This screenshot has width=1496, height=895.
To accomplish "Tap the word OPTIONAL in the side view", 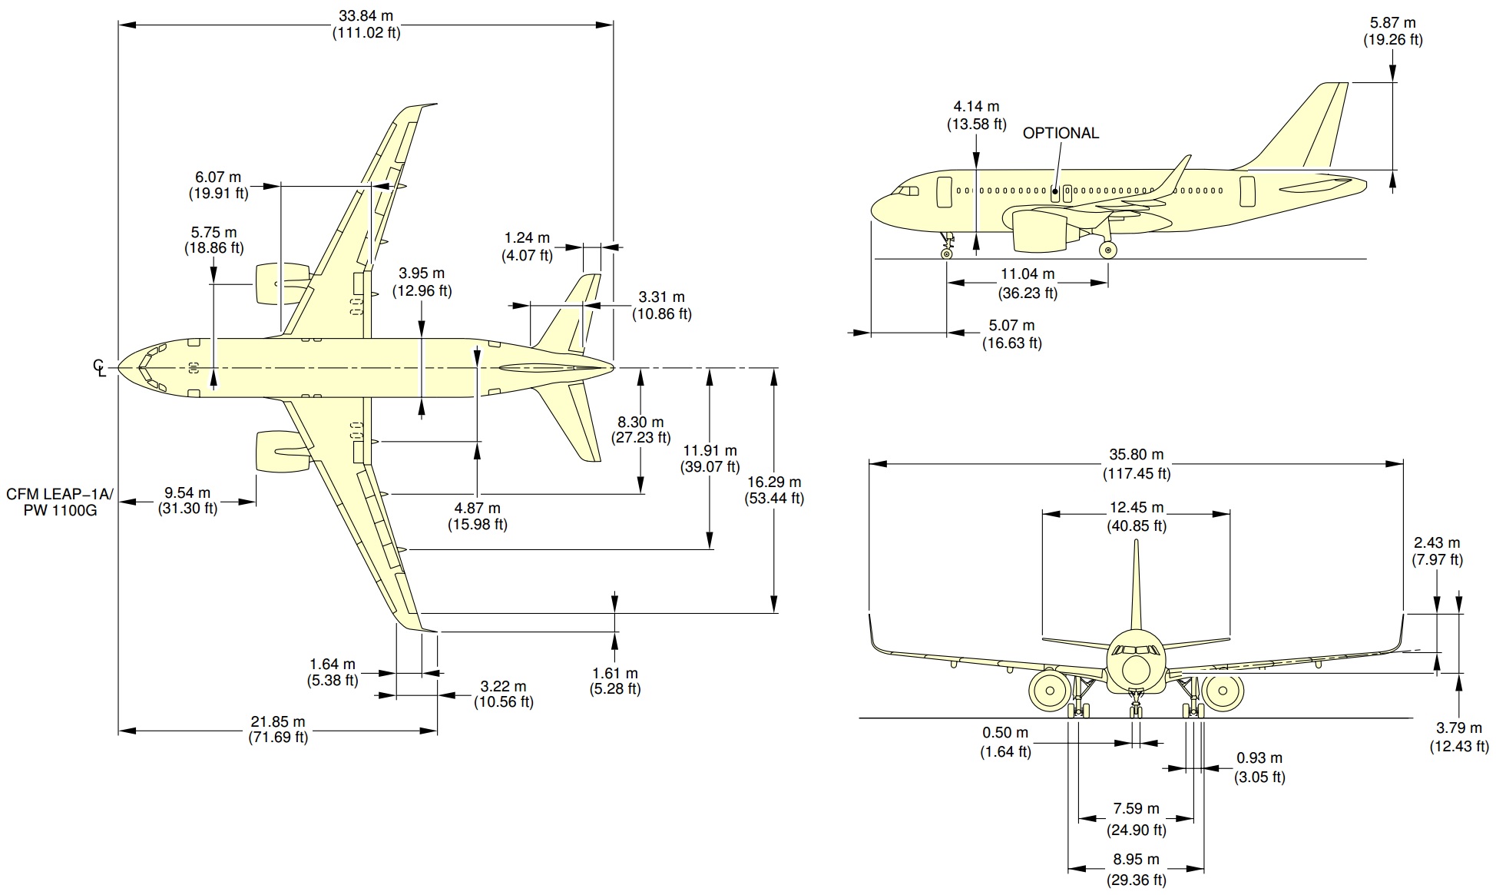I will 1061,133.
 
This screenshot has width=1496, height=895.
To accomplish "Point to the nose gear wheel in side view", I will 946,253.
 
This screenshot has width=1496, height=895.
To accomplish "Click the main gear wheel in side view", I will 1107,249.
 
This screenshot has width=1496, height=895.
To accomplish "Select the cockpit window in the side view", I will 909,191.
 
